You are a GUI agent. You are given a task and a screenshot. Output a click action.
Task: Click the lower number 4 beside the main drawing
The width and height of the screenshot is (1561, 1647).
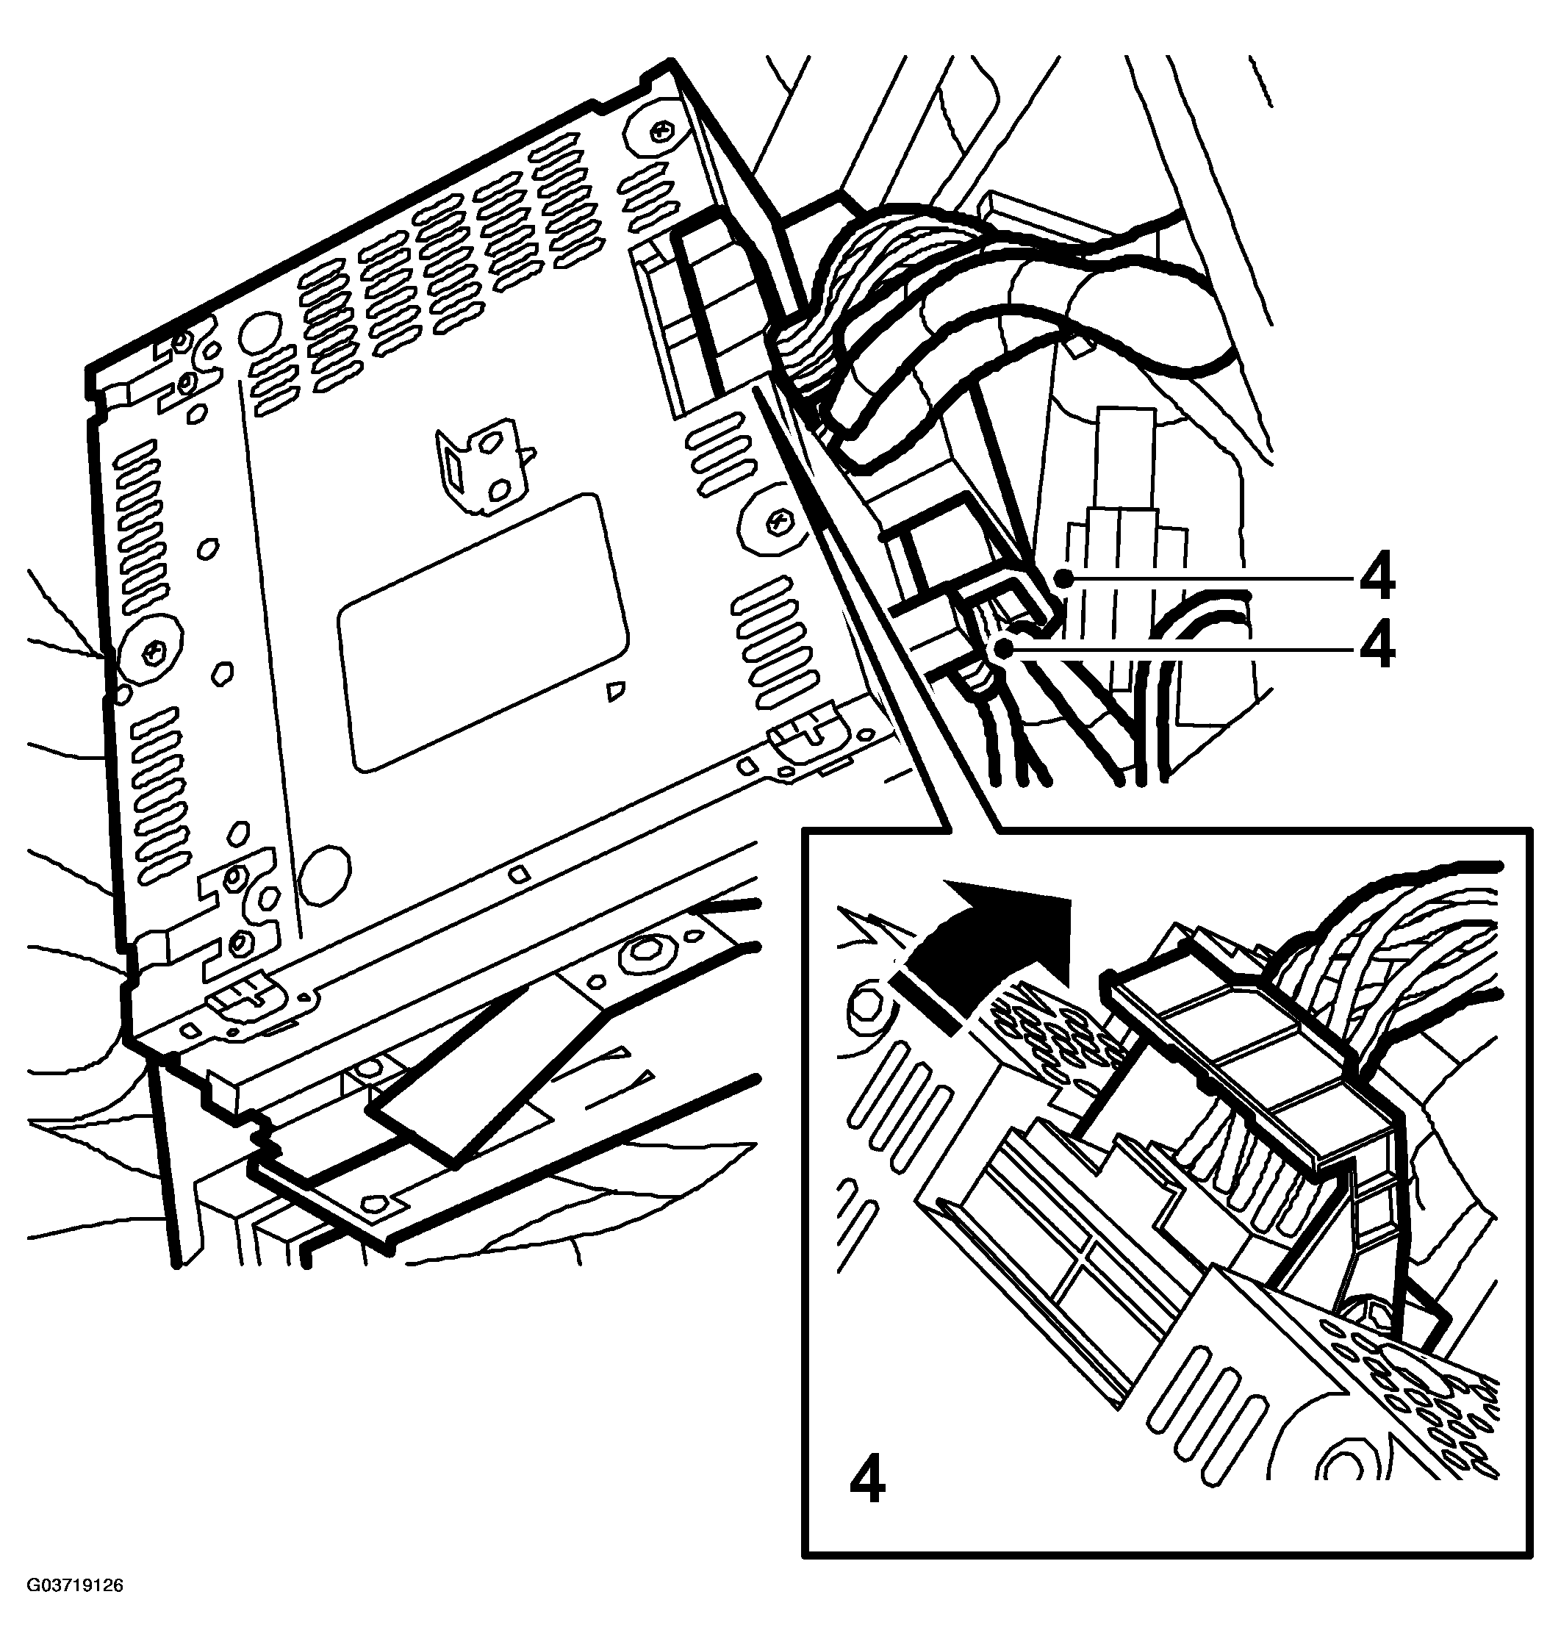pyautogui.click(x=1377, y=647)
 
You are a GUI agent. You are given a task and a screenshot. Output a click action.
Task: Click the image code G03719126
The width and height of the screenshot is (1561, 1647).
pyautogui.click(x=75, y=1610)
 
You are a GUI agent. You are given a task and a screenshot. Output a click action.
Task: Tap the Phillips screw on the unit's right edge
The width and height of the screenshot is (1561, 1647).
pyautogui.click(x=777, y=523)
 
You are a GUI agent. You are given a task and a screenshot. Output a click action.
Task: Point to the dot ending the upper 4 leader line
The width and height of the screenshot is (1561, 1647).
pyautogui.click(x=1063, y=577)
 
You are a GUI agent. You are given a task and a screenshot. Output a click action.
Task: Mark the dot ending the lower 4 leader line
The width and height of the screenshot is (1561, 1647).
pyautogui.click(x=1008, y=647)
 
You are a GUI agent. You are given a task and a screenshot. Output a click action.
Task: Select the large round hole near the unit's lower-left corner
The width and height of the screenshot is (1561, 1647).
pyautogui.click(x=325, y=875)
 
